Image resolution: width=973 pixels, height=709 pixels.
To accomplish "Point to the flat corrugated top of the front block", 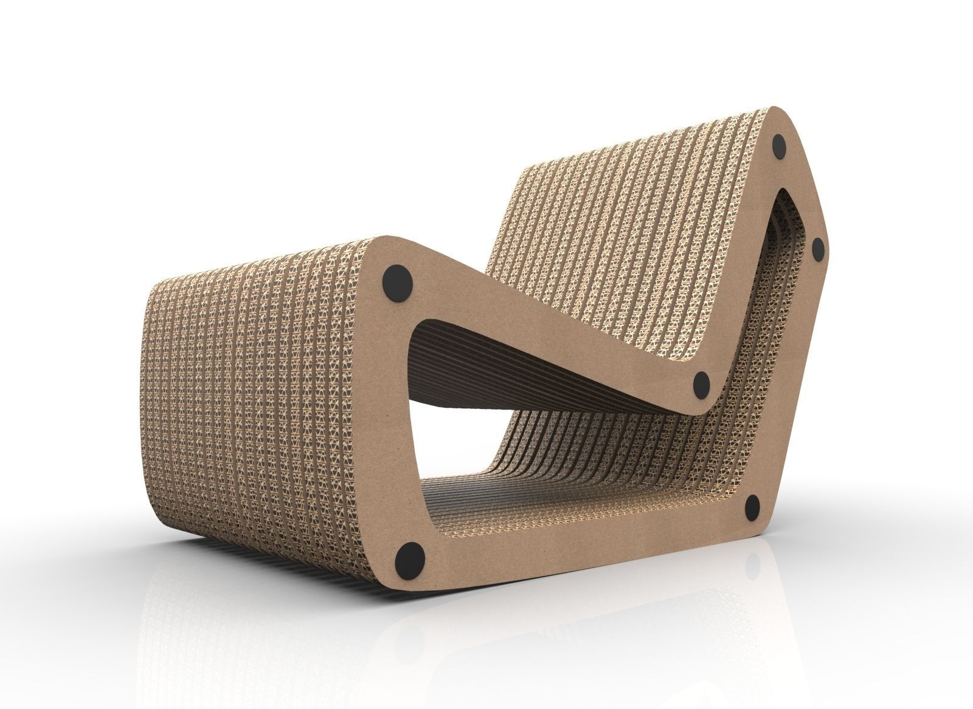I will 274,267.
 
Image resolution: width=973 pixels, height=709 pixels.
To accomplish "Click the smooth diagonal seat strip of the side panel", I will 547,322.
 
